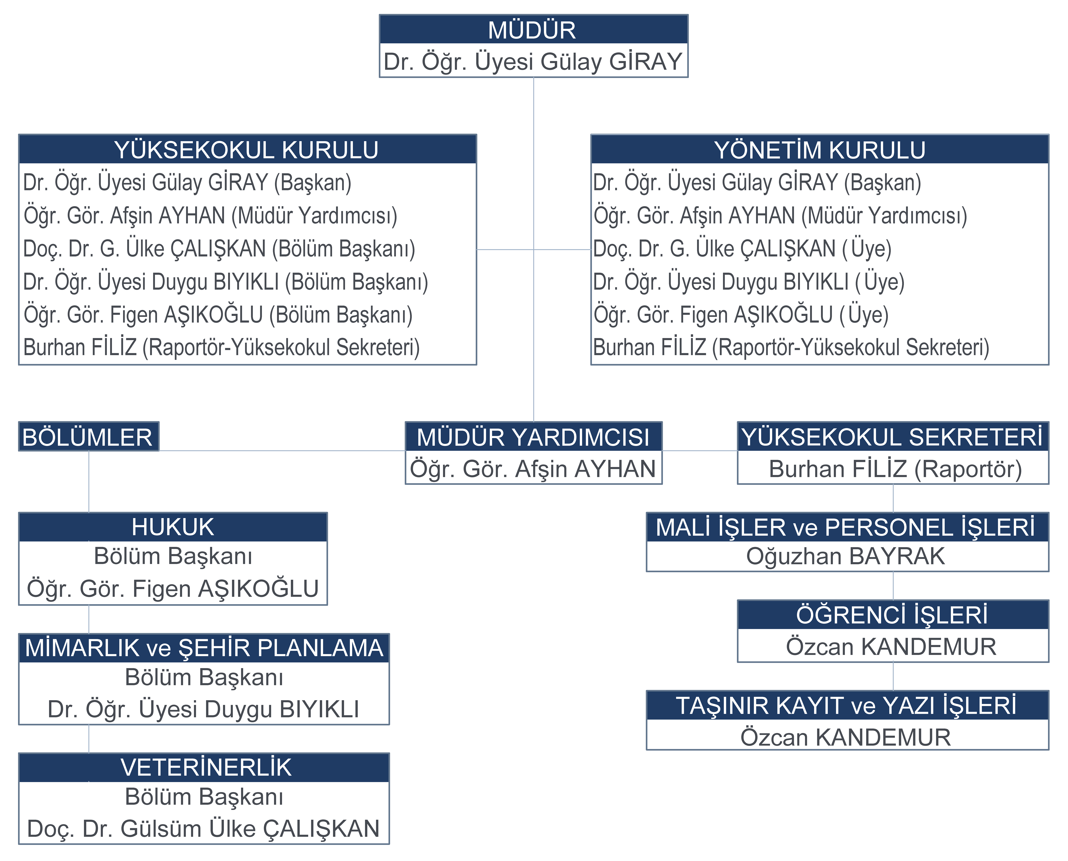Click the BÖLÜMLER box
tap(88, 436)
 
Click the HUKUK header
tap(173, 527)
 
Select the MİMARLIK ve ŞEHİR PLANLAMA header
tap(204, 648)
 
